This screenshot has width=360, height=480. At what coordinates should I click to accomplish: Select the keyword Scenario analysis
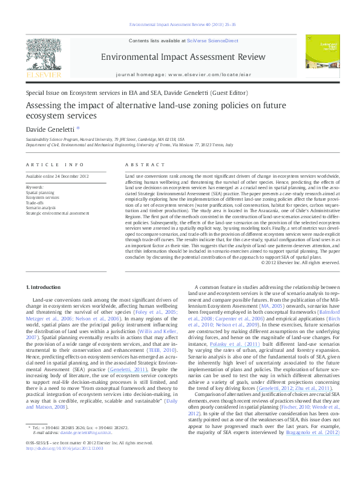(x=40, y=208)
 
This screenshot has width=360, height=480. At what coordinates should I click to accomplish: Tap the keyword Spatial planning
(x=39, y=192)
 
